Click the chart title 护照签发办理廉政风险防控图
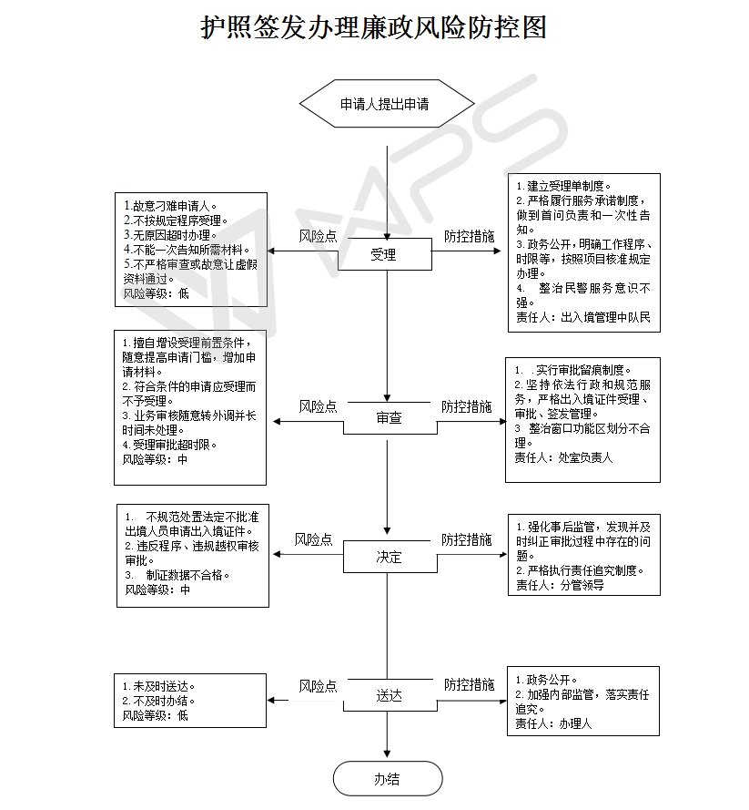[x=373, y=27]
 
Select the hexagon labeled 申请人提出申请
[x=387, y=103]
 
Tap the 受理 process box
[x=385, y=254]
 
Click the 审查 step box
[x=390, y=418]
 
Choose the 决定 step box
[x=390, y=557]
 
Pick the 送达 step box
[x=390, y=695]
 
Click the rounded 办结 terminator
[x=388, y=778]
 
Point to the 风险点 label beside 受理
[x=318, y=236]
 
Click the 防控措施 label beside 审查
[x=466, y=406]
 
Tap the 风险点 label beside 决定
[x=314, y=539]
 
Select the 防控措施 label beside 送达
[x=470, y=684]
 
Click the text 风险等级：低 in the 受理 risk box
[x=156, y=293]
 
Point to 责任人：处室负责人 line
[x=563, y=457]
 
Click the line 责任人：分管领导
[x=560, y=585]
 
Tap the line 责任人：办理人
[x=553, y=723]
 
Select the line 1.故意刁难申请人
[x=170, y=206]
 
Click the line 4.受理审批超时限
[x=169, y=445]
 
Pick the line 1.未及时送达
[x=159, y=686]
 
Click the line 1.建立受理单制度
[x=564, y=186]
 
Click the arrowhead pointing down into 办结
[x=387, y=754]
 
